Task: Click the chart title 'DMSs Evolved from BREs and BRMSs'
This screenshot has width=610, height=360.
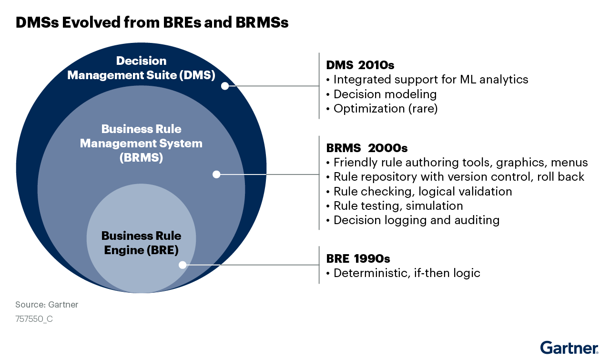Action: click(x=152, y=22)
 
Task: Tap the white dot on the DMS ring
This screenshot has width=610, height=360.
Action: click(x=225, y=86)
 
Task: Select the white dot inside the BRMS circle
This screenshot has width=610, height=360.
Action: click(x=216, y=175)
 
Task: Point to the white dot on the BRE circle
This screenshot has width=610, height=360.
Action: click(x=183, y=265)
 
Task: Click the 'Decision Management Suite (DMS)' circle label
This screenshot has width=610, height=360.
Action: click(x=142, y=68)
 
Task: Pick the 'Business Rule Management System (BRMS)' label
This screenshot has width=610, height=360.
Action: click(x=142, y=144)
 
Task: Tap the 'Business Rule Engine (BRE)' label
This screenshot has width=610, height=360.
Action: click(x=142, y=243)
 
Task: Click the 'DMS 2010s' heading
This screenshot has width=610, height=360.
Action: click(x=360, y=65)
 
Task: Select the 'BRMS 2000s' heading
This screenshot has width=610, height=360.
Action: click(x=367, y=148)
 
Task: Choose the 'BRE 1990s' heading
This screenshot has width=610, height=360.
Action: click(x=358, y=258)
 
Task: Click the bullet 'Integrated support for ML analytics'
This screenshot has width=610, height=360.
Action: click(x=427, y=80)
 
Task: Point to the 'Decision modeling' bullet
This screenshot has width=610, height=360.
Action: click(x=382, y=94)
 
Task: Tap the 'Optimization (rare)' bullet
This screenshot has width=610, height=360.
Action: click(x=382, y=109)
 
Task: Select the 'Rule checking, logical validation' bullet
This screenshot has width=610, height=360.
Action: click(x=419, y=192)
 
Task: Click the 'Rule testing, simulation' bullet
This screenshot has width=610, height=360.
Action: click(x=395, y=206)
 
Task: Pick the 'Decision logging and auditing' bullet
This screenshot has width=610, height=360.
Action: click(x=413, y=220)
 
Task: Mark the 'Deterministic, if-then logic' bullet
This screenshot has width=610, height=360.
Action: click(x=403, y=273)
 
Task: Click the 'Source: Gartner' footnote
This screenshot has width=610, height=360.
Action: click(x=47, y=304)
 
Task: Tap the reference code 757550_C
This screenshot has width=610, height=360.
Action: click(x=34, y=319)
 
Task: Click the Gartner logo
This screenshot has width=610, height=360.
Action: click(x=569, y=348)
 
